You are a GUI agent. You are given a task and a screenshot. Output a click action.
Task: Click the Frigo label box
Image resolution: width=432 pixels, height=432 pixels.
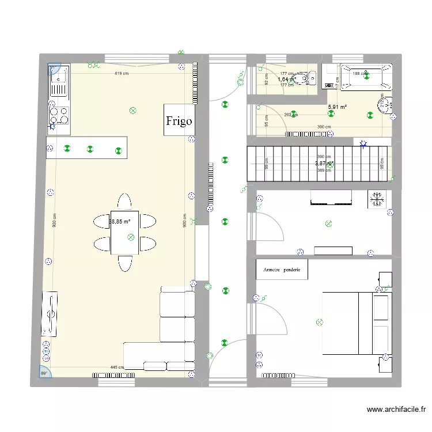pyautogui.click(x=179, y=120)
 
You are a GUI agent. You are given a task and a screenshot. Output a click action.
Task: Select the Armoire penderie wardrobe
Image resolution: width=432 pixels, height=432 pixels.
pyautogui.click(x=282, y=269)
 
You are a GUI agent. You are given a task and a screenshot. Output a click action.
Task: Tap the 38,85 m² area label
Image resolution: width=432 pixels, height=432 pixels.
pyautogui.click(x=120, y=221)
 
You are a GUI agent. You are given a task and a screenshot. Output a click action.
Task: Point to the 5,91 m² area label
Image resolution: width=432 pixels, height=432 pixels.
pyautogui.click(x=337, y=107)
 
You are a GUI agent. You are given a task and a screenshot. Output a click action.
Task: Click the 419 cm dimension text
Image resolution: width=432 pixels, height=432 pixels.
pyautogui.click(x=121, y=74)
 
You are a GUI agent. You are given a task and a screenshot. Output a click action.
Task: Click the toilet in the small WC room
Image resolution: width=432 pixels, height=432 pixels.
pyautogui.click(x=302, y=78)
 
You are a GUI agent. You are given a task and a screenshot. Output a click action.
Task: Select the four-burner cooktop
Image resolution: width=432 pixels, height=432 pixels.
pyautogui.click(x=59, y=116)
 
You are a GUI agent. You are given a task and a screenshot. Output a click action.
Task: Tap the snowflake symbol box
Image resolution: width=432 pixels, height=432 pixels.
pyautogui.click(x=378, y=199)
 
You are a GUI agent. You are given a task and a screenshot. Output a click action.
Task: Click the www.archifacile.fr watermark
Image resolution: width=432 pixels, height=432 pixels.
pyautogui.click(x=396, y=410)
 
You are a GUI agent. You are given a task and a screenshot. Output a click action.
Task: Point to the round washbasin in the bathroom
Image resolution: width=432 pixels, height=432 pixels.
pyautogui.click(x=385, y=103)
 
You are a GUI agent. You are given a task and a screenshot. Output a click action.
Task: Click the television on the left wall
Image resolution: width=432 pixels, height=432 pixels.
pyautogui.click(x=50, y=314)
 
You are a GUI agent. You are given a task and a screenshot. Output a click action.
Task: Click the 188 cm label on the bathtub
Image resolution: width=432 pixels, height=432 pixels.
pyautogui.click(x=359, y=74)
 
